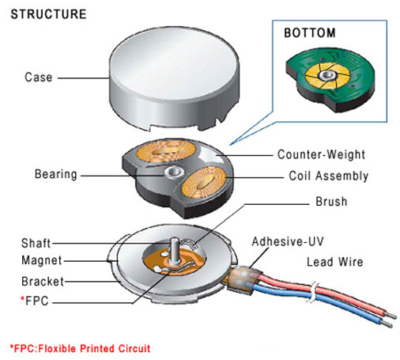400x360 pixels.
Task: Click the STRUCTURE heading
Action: pyautogui.click(x=48, y=14)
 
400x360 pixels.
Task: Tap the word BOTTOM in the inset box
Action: pyautogui.click(x=310, y=33)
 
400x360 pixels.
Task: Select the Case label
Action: pyautogui.click(x=39, y=78)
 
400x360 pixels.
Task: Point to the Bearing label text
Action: pyautogui.click(x=56, y=174)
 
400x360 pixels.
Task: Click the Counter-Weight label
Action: pyautogui.click(x=321, y=154)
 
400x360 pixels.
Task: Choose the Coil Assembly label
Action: pyautogui.click(x=328, y=176)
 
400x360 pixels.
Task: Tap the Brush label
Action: pyautogui.click(x=331, y=202)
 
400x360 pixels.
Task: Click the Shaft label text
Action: pyautogui.click(x=36, y=243)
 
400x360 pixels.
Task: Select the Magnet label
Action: pyautogui.click(x=42, y=260)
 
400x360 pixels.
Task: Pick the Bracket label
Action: pyautogui.click(x=43, y=281)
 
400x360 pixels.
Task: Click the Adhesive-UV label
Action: pyautogui.click(x=288, y=241)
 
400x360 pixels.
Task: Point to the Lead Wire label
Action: pyautogui.click(x=335, y=262)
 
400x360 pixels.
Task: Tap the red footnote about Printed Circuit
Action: pyautogui.click(x=80, y=348)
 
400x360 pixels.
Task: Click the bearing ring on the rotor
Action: pyautogui.click(x=174, y=172)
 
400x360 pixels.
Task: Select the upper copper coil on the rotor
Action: pyautogui.click(x=166, y=151)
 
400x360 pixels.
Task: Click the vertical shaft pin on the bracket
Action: pyautogui.click(x=174, y=251)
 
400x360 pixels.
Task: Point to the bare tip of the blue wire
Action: pyautogui.click(x=387, y=324)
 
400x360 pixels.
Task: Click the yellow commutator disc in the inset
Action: pyautogui.click(x=327, y=76)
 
